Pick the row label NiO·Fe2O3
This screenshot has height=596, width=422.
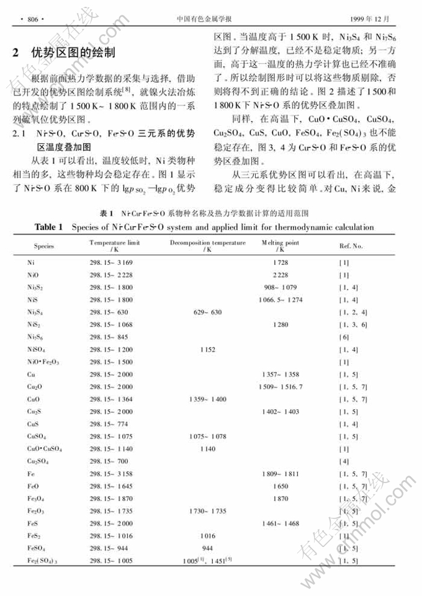43,362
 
